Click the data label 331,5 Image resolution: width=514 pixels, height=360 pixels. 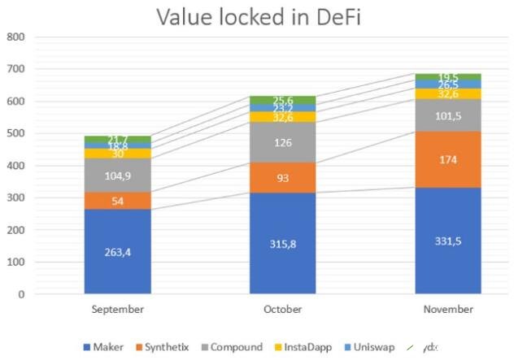coord(448,241)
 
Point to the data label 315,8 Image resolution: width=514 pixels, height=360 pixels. coord(282,244)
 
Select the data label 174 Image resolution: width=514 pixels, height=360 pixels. coord(448,159)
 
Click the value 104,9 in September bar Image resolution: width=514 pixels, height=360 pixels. coord(117,175)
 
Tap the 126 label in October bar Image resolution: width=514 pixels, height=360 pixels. coord(282,142)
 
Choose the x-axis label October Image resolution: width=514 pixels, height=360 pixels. coord(282,310)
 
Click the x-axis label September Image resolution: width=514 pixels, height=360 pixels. coord(117,310)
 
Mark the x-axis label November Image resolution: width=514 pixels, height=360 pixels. coord(448,310)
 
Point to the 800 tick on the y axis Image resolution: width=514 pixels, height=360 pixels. coord(16,37)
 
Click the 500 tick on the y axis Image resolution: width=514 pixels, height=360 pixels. coord(16,133)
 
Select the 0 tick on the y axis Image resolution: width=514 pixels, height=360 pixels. coord(21,294)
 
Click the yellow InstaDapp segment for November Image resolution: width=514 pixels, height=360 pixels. coord(448,93)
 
